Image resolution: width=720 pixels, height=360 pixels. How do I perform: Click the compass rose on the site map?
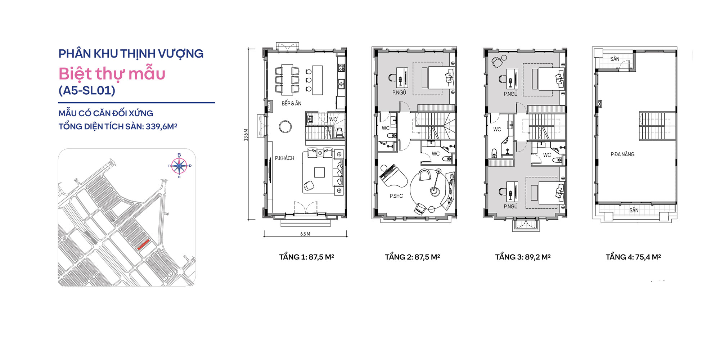click(179, 166)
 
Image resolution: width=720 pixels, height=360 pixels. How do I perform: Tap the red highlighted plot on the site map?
click(143, 245)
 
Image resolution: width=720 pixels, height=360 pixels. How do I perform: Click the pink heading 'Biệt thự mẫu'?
click(112, 74)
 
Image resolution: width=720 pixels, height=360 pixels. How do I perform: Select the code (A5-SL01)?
click(87, 90)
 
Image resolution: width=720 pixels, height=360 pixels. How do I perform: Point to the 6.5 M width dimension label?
click(305, 234)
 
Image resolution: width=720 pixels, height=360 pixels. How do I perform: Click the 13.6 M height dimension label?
click(246, 135)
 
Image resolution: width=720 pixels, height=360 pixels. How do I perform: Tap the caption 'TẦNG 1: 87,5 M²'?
click(306, 257)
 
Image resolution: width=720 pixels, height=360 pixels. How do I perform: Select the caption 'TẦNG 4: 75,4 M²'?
click(633, 257)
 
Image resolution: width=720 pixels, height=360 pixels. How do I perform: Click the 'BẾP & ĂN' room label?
click(291, 104)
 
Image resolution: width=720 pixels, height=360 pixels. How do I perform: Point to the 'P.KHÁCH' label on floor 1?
click(284, 158)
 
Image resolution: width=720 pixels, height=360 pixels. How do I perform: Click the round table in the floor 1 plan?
click(285, 127)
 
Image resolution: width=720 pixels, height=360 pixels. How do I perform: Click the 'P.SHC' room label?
click(396, 196)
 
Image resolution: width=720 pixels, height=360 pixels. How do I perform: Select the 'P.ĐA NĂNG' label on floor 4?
click(622, 154)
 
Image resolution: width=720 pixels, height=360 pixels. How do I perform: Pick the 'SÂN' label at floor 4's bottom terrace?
click(634, 210)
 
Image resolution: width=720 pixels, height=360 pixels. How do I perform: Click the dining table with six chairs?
click(287, 79)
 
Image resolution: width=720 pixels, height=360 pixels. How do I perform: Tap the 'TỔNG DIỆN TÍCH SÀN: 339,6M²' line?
click(118, 127)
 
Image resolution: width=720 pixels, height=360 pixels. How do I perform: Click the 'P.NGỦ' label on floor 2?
click(399, 93)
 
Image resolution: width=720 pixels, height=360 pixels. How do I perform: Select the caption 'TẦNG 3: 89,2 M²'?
click(523, 257)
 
